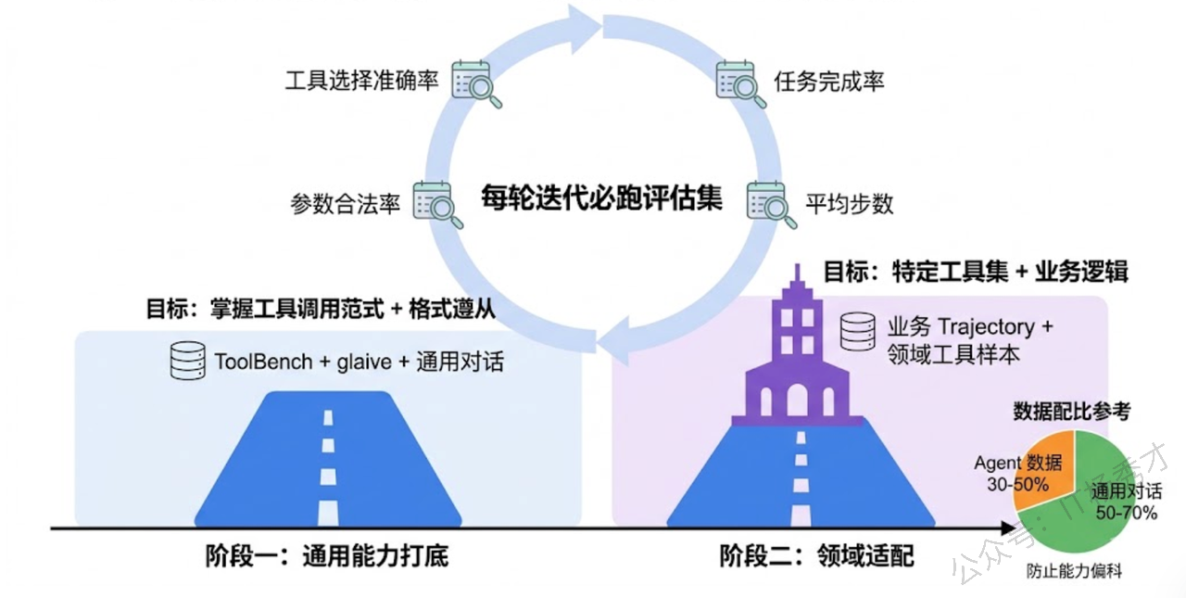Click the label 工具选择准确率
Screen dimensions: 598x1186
coord(361,81)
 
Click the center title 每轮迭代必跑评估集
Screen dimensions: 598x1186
coord(601,198)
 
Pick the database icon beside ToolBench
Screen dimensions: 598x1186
coord(187,361)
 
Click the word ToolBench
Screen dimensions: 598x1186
coord(263,361)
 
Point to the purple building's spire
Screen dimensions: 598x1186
coord(796,276)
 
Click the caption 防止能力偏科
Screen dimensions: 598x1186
coord(1073,571)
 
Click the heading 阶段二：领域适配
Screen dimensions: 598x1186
coord(816,556)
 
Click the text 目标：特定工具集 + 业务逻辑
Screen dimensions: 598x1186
coord(977,273)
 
